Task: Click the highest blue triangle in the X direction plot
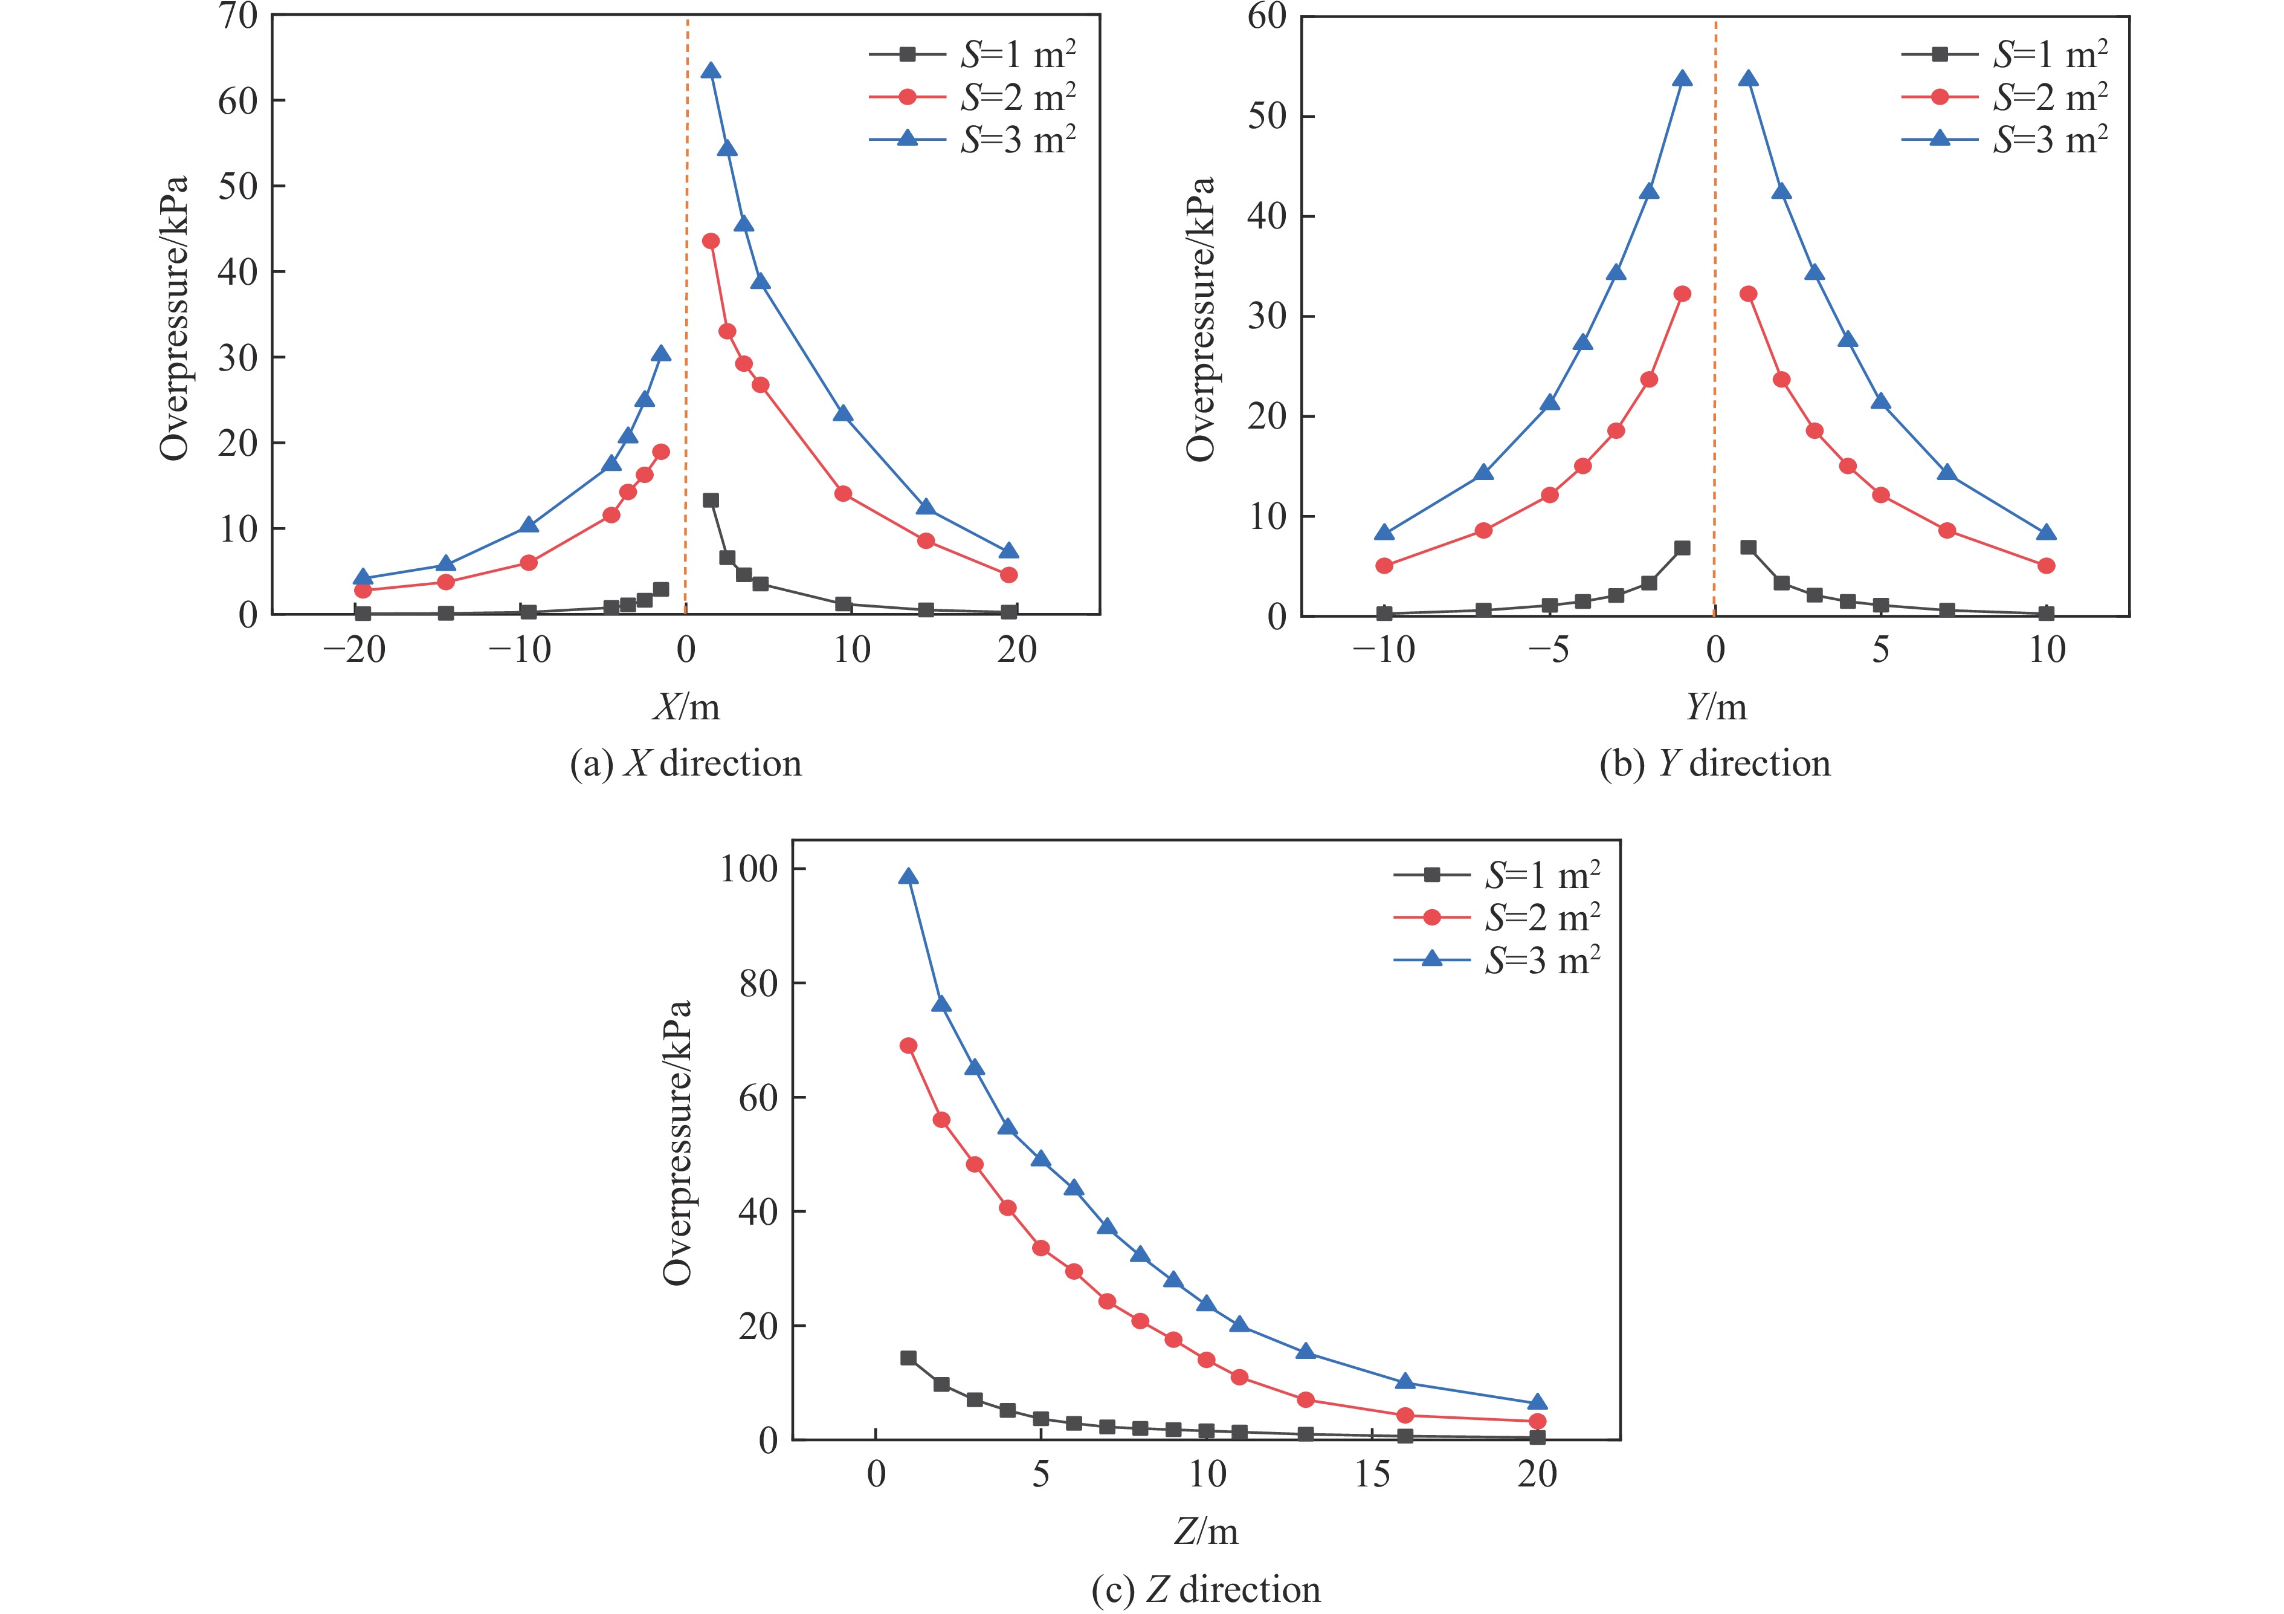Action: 710,71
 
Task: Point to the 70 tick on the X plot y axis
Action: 237,16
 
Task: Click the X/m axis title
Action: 685,707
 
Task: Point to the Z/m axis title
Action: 1205,1531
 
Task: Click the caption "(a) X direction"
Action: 685,763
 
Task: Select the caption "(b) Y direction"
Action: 1714,763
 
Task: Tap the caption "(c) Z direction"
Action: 1205,1589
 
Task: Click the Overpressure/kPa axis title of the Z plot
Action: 677,1141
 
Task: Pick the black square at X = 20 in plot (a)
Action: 1008,611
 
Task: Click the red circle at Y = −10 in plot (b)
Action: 1384,565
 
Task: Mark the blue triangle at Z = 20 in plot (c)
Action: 1537,1403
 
